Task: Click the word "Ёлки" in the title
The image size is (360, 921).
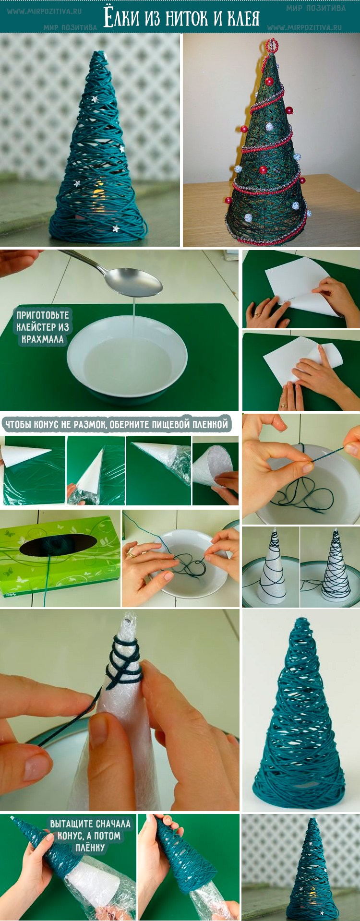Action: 122,18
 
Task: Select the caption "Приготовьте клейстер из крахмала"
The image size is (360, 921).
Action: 43,327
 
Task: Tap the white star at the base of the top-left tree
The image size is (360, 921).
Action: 115,228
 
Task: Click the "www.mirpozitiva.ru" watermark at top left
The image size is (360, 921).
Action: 44,11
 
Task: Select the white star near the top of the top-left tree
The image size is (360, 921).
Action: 94,99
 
